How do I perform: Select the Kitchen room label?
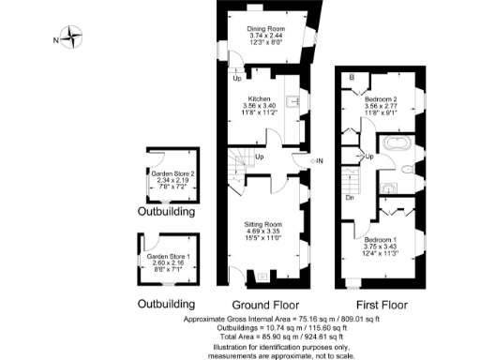tap(259, 99)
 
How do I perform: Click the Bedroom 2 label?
tap(381, 99)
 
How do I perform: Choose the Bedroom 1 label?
tap(381, 240)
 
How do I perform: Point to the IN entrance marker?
tap(319, 161)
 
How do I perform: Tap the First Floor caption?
tap(383, 306)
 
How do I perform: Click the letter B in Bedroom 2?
tap(352, 77)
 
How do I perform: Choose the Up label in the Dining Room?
tap(237, 79)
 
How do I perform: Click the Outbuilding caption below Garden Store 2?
tap(167, 214)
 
